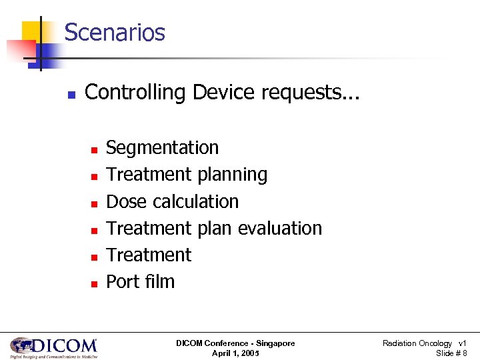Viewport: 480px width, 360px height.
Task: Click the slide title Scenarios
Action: click(115, 32)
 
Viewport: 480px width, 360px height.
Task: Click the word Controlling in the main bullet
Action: click(136, 92)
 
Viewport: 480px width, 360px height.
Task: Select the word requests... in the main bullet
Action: click(310, 93)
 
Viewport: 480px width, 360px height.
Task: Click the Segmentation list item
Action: click(162, 148)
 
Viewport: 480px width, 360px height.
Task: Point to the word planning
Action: click(231, 175)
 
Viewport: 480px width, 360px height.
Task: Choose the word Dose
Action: click(127, 201)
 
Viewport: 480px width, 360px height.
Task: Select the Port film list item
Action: click(140, 281)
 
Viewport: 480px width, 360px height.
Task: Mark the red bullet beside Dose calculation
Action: click(95, 203)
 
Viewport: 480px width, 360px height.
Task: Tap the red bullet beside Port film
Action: click(95, 283)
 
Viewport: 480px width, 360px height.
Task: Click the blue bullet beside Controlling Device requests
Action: click(71, 93)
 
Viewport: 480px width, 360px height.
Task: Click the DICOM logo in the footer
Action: click(54, 347)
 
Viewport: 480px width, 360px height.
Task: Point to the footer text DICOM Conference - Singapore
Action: click(235, 343)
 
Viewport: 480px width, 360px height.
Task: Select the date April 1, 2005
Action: click(235, 353)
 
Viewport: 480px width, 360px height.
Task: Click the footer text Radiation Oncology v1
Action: click(424, 343)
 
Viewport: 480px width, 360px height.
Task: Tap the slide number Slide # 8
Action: click(451, 353)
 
